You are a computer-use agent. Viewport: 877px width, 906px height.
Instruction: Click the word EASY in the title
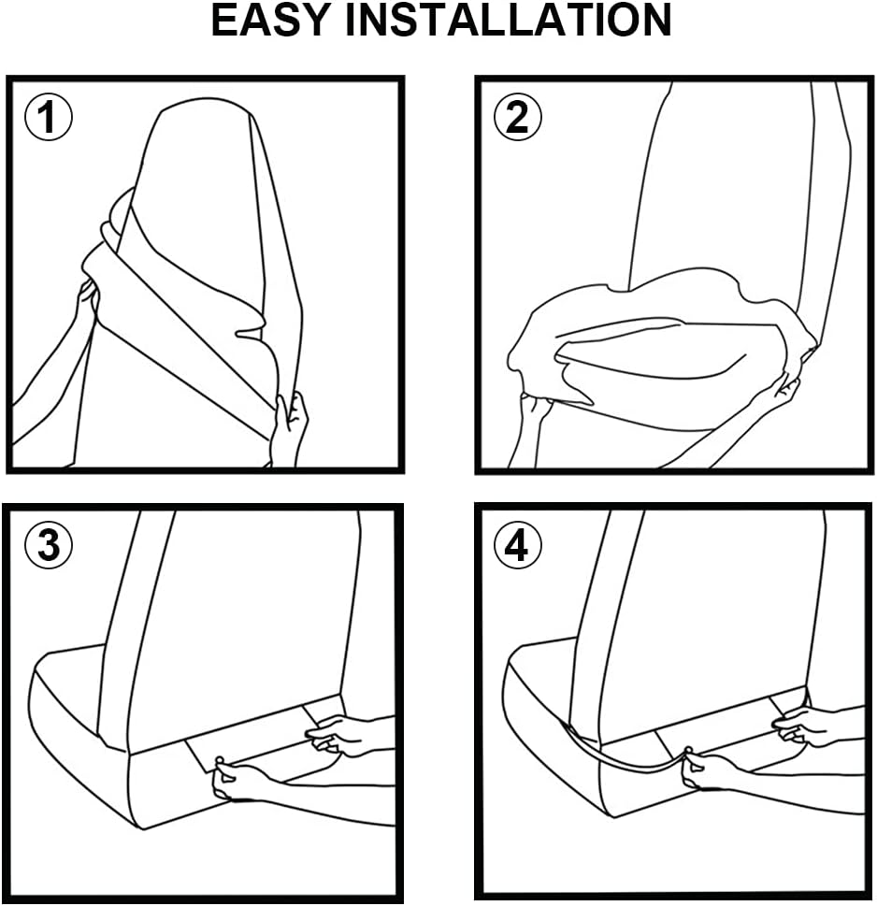pyautogui.click(x=270, y=21)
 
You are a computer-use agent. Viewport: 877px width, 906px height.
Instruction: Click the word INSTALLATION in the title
pyautogui.click(x=508, y=21)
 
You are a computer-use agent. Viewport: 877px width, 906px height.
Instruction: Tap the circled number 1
pyautogui.click(x=48, y=117)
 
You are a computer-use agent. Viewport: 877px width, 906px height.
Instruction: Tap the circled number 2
pyautogui.click(x=517, y=117)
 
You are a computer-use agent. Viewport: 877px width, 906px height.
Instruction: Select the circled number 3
pyautogui.click(x=48, y=545)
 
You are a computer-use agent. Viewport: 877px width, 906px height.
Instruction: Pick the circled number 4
pyautogui.click(x=517, y=545)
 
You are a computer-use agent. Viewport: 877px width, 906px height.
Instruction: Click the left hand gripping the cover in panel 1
pyautogui.click(x=87, y=307)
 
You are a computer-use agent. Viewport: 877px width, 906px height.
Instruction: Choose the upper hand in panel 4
pyautogui.click(x=809, y=726)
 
